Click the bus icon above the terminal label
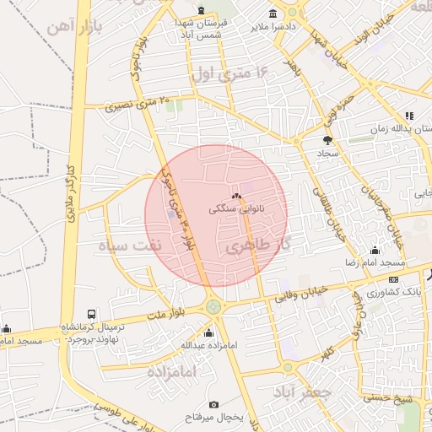click(91, 312)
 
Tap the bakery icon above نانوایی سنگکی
click(236, 195)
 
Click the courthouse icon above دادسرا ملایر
click(273, 13)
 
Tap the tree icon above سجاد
click(327, 141)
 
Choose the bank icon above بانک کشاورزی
click(393, 279)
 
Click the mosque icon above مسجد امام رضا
click(375, 251)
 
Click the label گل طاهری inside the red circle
click(253, 246)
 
